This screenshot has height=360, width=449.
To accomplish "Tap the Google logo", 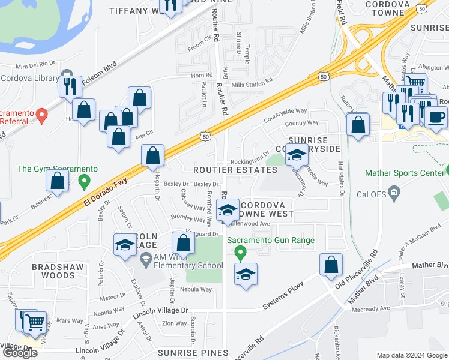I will [20, 352].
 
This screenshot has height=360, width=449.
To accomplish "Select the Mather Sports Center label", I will [405, 174].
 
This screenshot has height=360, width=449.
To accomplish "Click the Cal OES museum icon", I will [394, 193].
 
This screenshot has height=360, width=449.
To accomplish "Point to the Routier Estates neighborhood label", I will [235, 170].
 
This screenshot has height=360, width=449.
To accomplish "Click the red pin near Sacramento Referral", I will [41, 114].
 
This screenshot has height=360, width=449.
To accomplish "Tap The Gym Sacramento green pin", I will [84, 179].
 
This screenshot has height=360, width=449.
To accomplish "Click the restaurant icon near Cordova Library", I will [70, 86].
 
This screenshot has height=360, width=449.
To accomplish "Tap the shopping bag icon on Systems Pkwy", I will [331, 265].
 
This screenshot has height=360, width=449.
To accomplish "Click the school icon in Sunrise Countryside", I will [295, 155].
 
